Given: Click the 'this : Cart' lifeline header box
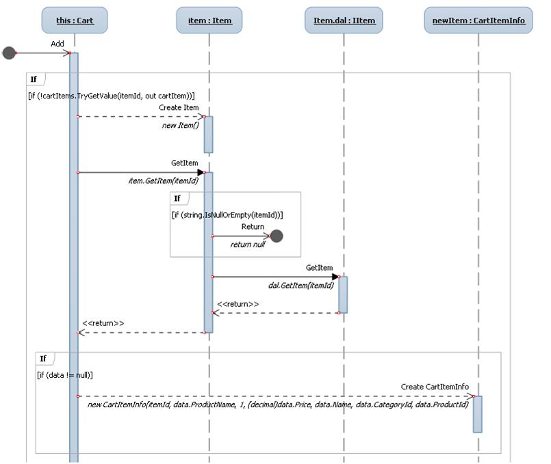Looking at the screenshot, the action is click(75, 21).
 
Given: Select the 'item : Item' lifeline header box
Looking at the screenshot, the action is click(209, 21).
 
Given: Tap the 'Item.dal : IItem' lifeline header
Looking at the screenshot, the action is click(344, 21).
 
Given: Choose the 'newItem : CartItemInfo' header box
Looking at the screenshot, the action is click(478, 21).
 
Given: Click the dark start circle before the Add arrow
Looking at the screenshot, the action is click(9, 53).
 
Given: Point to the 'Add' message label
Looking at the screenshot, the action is click(57, 44).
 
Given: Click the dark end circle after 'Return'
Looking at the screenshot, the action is click(277, 236).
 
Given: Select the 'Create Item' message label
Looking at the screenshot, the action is click(179, 108).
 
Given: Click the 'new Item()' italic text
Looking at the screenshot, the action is click(180, 125).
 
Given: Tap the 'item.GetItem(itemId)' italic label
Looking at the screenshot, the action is click(163, 180).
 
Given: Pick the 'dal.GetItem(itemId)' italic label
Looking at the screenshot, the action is click(300, 286).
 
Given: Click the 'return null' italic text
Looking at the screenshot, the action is click(247, 245).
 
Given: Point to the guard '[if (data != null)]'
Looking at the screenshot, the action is click(65, 375).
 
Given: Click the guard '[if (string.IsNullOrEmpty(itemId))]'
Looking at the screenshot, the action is click(227, 215).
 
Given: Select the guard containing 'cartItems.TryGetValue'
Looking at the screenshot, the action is click(112, 96).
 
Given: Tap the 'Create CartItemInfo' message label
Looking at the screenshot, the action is click(435, 387).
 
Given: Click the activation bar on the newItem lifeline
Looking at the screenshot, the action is click(478, 414).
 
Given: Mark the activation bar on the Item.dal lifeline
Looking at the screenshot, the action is click(343, 295).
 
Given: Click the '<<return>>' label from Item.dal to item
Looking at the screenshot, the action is click(238, 304).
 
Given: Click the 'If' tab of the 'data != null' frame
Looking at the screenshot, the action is click(43, 359).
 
